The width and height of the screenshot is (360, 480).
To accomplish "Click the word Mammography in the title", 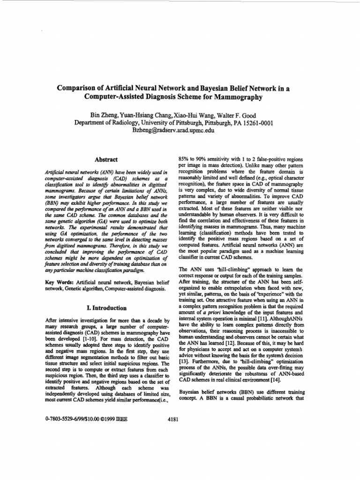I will point(235,98).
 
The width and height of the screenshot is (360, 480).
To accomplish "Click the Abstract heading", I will point(106,160).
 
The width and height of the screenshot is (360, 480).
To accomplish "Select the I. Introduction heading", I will point(106,308).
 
